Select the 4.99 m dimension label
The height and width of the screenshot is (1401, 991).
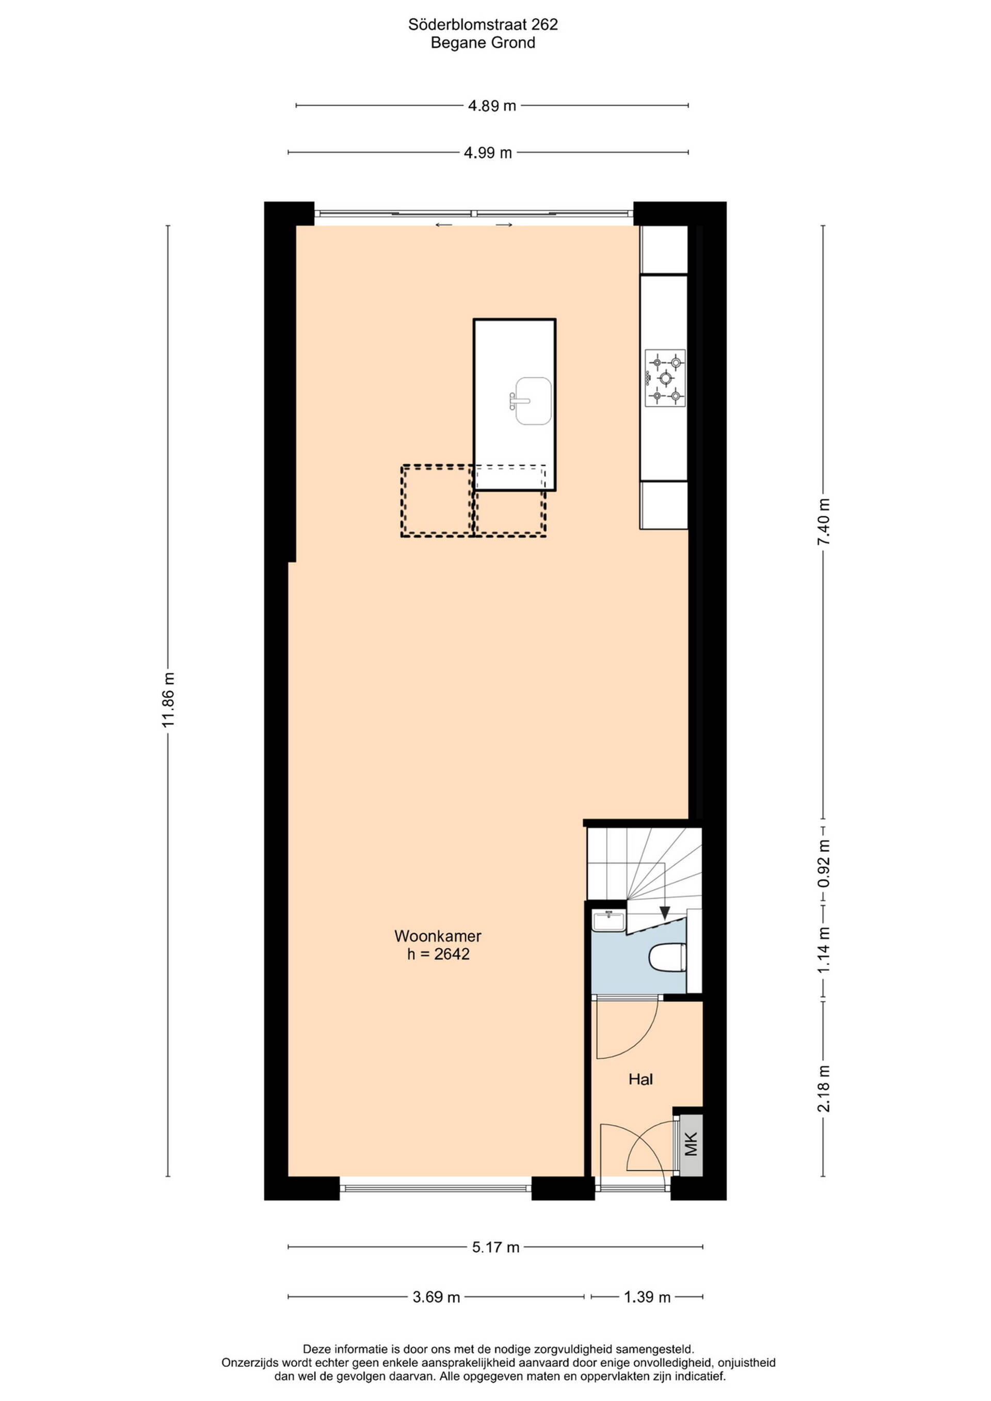[488, 153]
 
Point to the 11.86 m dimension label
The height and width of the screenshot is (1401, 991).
[168, 700]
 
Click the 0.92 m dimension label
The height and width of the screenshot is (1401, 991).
[824, 864]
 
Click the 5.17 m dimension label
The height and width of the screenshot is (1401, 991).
[495, 1247]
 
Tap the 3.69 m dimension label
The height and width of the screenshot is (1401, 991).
[436, 1297]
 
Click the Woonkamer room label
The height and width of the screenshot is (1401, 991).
[438, 935]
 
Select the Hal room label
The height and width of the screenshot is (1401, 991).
[641, 1079]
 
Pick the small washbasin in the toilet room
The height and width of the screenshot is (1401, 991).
[609, 921]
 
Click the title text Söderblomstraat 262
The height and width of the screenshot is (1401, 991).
[483, 24]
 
